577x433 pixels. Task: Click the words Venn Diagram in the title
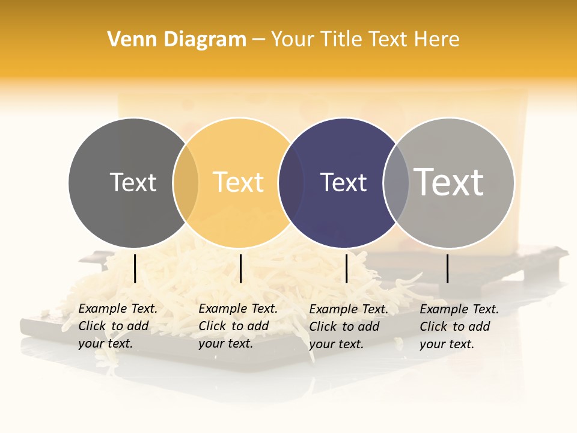[x=177, y=40]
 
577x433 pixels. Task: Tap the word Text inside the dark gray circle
[x=133, y=182]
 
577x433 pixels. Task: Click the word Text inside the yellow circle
[x=239, y=182]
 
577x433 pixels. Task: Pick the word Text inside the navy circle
[x=343, y=182]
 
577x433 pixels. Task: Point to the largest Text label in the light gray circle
[x=449, y=182]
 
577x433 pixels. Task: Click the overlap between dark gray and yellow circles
[x=186, y=182]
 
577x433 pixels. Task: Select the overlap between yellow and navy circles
[x=291, y=182]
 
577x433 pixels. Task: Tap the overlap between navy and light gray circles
[x=396, y=182]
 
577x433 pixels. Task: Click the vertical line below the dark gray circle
[x=135, y=268]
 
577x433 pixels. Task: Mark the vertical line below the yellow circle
[x=240, y=268]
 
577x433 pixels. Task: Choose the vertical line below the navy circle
[x=346, y=268]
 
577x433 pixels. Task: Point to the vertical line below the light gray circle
[x=447, y=268]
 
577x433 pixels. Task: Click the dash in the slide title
[x=258, y=40]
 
